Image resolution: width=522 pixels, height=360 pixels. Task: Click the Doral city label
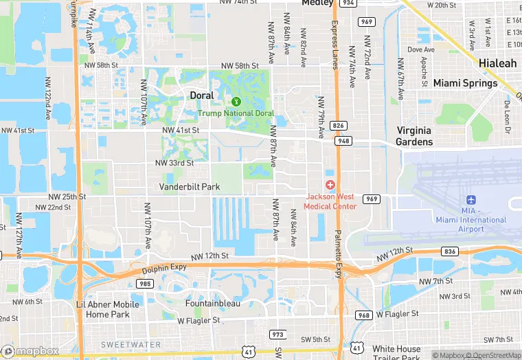201,95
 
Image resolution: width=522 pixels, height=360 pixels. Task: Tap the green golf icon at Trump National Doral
236,102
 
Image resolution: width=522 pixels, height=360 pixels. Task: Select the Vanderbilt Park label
190,187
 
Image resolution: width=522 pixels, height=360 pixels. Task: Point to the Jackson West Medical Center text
331,201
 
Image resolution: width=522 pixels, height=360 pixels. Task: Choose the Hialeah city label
498,63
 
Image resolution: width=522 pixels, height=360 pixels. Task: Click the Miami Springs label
465,83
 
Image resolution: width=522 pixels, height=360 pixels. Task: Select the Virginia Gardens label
414,136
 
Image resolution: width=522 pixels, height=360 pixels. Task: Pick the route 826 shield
338,125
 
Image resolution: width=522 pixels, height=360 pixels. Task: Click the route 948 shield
342,140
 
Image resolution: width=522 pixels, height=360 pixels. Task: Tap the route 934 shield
349,3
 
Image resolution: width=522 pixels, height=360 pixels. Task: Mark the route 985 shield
145,283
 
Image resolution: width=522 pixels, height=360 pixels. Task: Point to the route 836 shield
450,251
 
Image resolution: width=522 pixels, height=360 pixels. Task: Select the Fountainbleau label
212,302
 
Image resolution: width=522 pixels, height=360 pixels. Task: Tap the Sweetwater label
130,344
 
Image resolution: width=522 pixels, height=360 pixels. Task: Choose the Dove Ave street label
421,49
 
